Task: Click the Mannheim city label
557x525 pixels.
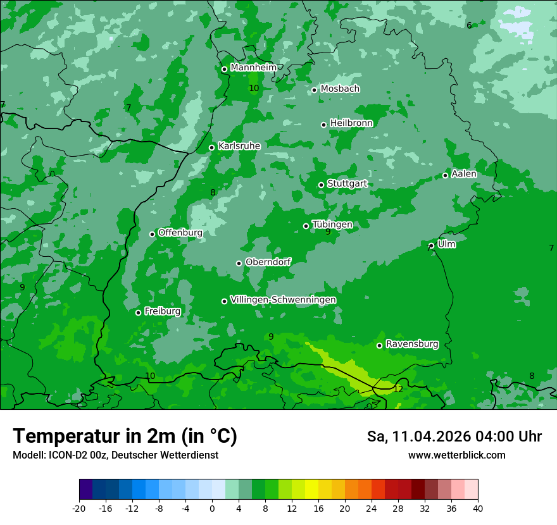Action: pos(253,68)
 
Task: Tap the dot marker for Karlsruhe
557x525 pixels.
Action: pos(212,147)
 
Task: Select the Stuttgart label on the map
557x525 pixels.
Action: pos(347,183)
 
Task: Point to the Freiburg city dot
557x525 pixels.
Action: pos(138,312)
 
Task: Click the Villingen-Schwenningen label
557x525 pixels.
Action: pos(283,300)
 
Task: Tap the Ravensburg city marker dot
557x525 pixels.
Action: pos(380,345)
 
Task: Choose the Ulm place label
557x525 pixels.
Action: pos(446,244)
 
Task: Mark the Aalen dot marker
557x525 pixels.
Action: pos(446,175)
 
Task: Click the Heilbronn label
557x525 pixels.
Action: pos(351,123)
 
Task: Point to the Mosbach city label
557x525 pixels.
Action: pos(340,89)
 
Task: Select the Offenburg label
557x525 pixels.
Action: pos(180,233)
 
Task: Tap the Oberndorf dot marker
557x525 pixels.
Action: pos(239,263)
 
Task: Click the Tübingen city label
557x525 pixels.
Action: pos(332,225)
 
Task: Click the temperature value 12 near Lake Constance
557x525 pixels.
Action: pos(398,389)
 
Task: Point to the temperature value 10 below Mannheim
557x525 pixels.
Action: pos(254,89)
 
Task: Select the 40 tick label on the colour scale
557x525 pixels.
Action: pos(478,509)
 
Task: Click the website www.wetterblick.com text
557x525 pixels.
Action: pos(456,455)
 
